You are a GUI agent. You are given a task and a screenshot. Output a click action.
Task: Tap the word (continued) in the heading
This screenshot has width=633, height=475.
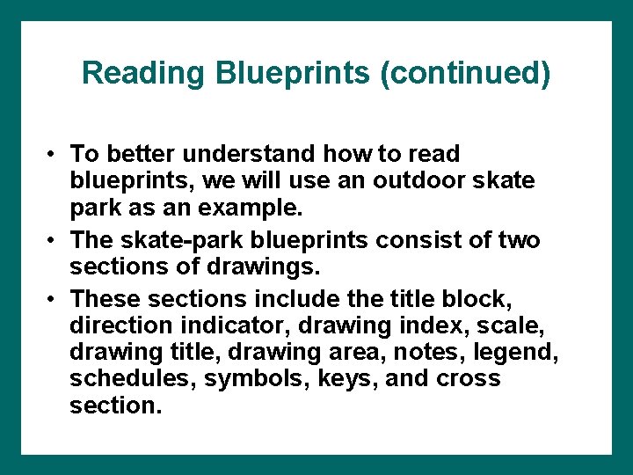tap(465, 73)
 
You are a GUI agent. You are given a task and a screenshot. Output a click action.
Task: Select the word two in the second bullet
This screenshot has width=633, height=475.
tap(518, 239)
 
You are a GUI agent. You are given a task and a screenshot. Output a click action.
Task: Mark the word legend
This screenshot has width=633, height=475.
tap(522, 352)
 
